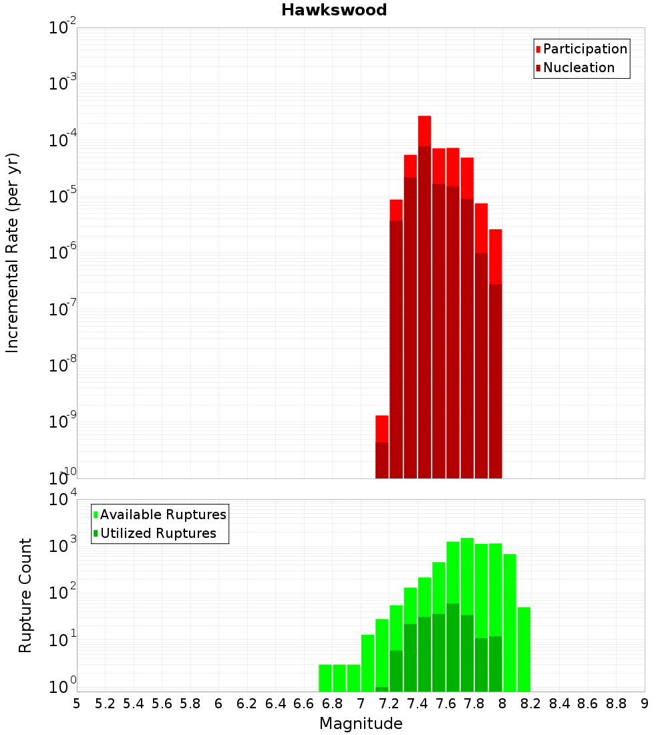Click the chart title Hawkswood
[334, 10]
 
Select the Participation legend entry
[584, 49]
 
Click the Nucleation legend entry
[578, 67]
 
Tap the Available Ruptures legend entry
[162, 514]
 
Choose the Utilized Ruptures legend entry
[158, 533]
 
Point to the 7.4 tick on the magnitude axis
[417, 704]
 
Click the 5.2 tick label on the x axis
[105, 704]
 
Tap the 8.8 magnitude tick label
[616, 704]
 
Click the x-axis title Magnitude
[361, 724]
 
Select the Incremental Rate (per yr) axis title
[13, 253]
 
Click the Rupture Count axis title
[25, 595]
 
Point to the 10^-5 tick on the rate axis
[63, 196]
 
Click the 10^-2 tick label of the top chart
[63, 28]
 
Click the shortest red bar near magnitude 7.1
[382, 428]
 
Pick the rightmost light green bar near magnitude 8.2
[524, 648]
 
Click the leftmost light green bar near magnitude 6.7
[325, 678]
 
